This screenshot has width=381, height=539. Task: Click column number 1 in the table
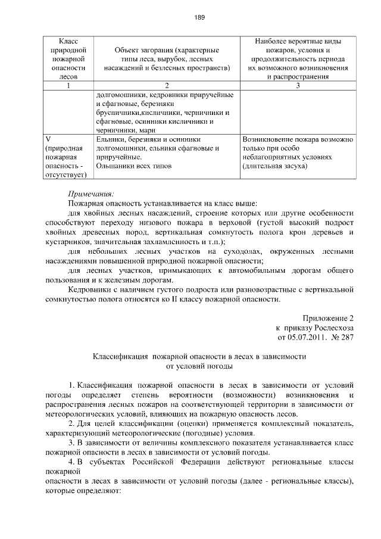[x=68, y=86]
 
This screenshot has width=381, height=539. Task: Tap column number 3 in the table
[x=298, y=86]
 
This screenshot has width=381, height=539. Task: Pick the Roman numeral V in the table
[x=49, y=139]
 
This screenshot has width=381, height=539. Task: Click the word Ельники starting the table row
[x=110, y=139]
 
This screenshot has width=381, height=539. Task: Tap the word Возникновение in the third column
[x=268, y=139]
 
